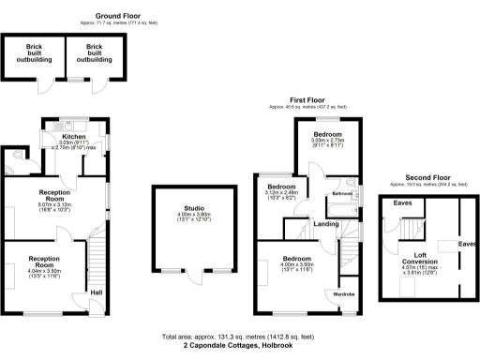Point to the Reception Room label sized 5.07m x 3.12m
point(42,192)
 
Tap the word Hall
point(96,292)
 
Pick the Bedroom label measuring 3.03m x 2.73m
point(328,134)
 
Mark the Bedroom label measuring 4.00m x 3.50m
point(296,257)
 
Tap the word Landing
point(326,223)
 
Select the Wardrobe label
point(345,293)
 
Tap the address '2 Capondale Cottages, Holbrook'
point(239,345)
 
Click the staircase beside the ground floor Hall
point(94,258)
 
